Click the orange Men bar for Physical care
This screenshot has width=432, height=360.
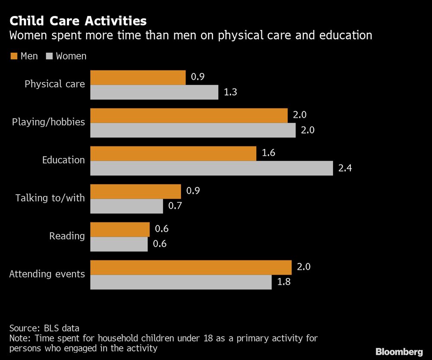tap(138, 78)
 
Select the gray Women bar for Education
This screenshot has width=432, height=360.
tap(211, 168)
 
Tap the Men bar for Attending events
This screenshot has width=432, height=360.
tap(191, 268)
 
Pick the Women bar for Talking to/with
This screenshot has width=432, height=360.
tap(126, 206)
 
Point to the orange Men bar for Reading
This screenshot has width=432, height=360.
tap(120, 230)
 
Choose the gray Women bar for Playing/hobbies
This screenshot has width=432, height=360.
tap(193, 130)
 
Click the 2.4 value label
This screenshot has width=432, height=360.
tap(345, 168)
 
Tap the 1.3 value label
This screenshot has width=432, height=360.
tap(231, 92)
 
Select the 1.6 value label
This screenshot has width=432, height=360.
tap(268, 153)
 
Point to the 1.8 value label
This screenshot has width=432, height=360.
tap(284, 282)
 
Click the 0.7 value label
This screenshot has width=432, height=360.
tap(175, 206)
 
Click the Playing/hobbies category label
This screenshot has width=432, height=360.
tap(48, 122)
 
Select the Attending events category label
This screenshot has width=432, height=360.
tap(47, 274)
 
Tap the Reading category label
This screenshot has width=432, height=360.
tap(67, 236)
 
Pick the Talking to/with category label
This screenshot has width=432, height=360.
tap(50, 198)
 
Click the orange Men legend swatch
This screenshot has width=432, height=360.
tap(13, 56)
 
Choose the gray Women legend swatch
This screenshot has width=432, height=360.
tap(49, 56)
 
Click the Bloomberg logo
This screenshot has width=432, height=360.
tap(399, 351)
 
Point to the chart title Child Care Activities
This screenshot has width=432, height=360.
tap(78, 21)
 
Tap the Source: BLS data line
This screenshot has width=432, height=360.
tap(44, 328)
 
